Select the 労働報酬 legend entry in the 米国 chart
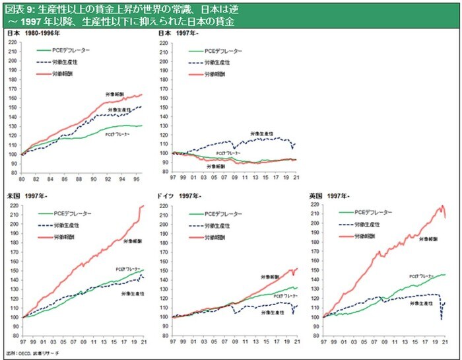point(71,236)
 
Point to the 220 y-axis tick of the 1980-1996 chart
point(14,42)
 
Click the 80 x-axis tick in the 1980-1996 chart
point(22,179)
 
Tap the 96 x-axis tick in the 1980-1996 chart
point(137,179)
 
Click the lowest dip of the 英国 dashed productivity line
point(441,320)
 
